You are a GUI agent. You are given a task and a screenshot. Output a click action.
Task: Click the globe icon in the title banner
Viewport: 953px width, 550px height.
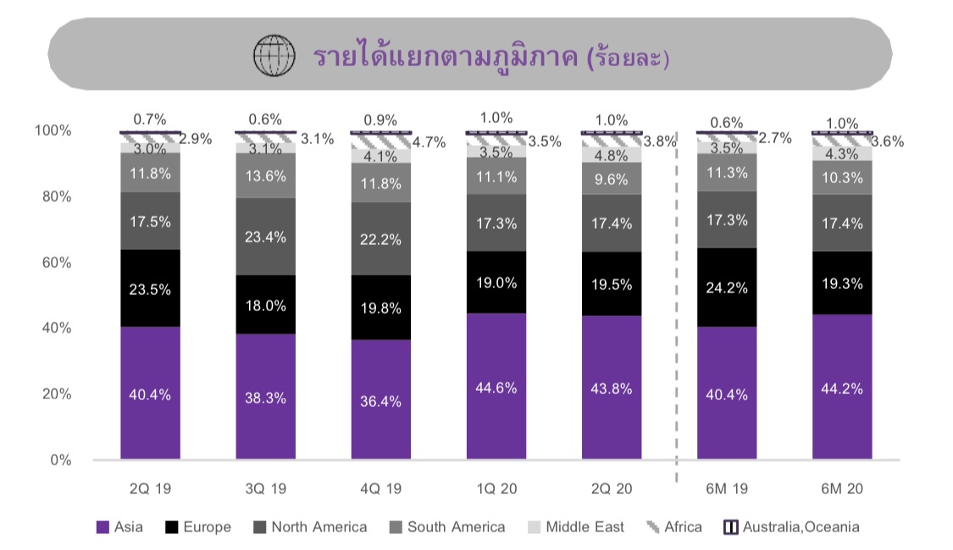[x=274, y=58]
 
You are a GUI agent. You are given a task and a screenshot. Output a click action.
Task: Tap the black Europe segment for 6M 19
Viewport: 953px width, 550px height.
[x=726, y=287]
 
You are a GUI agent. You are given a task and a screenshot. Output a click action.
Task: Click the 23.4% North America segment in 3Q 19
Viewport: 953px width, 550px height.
[x=265, y=236]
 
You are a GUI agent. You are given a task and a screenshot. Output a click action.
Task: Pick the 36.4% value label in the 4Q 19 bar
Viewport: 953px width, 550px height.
[x=380, y=401]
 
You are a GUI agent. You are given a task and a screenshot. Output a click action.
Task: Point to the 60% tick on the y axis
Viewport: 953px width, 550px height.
[x=53, y=263]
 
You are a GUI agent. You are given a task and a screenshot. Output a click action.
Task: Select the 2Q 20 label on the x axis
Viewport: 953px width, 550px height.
[x=611, y=489]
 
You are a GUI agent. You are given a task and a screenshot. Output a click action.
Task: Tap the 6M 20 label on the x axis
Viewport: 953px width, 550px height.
[x=841, y=489]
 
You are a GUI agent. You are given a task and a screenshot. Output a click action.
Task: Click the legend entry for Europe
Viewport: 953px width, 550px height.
[x=198, y=527]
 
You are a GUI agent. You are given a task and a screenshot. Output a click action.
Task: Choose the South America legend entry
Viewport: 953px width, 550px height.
[x=446, y=527]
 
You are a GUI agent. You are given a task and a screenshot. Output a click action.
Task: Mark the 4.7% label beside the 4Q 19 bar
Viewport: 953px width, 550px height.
[x=429, y=142]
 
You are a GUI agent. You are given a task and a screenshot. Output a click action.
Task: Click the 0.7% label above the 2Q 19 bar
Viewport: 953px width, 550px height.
[x=150, y=119]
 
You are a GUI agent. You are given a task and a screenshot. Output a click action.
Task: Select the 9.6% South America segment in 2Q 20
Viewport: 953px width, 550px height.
[x=611, y=179]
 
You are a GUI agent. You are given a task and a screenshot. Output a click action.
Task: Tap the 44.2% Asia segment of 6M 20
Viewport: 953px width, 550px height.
[x=841, y=389]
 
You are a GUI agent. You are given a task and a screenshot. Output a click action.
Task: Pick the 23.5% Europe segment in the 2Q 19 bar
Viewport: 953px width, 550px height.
[x=150, y=289]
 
